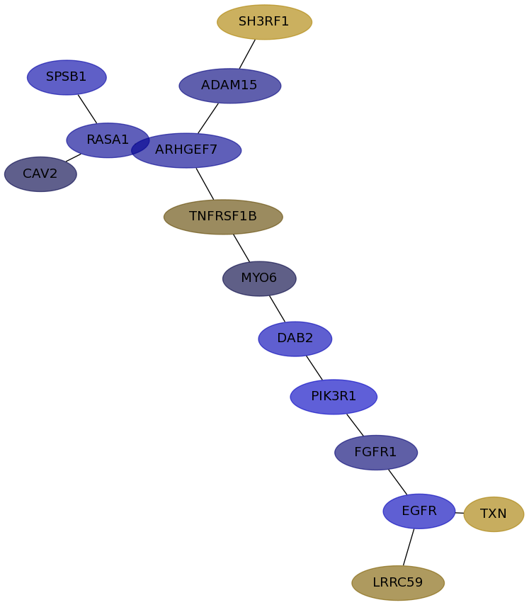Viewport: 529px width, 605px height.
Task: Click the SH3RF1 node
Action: (265, 22)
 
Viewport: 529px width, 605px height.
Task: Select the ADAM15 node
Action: (229, 86)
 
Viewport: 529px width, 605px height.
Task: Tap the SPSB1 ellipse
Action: (67, 77)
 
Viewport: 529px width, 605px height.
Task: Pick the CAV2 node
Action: (40, 174)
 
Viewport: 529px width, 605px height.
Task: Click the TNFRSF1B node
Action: (223, 217)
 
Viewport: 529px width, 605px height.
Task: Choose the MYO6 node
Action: (259, 278)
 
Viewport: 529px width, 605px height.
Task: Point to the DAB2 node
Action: (295, 339)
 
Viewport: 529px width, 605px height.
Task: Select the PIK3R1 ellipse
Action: (334, 397)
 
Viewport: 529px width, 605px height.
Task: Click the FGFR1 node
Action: (376, 453)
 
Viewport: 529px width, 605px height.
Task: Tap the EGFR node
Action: (419, 511)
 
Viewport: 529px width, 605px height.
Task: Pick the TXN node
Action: (494, 514)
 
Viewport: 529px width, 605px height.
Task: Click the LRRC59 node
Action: (398, 583)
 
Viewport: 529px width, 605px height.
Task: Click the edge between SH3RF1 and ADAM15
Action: (247, 54)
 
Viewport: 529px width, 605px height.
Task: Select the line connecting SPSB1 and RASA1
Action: (88, 109)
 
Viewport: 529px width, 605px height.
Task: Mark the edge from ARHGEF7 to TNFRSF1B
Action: (205, 183)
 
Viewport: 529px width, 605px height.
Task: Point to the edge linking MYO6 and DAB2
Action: (277, 309)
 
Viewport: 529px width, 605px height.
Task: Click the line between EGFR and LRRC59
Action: (409, 547)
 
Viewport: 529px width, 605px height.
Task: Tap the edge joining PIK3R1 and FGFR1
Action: (355, 425)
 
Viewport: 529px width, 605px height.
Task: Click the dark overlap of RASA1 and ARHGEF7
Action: (141, 146)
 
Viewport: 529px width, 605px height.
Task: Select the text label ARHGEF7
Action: (186, 149)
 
